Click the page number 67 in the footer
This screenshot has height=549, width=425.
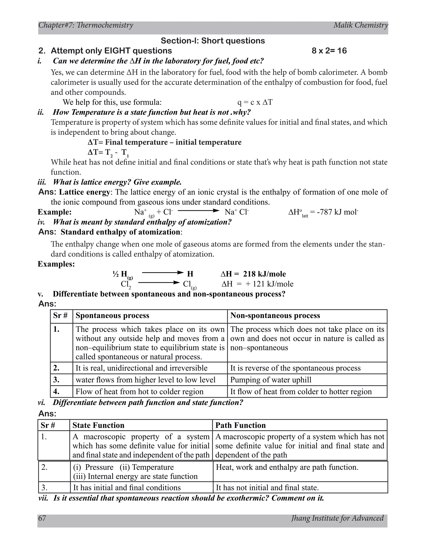(x=42, y=518)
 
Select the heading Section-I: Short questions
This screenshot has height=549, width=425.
(x=213, y=41)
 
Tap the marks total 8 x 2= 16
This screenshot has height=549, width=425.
(x=329, y=51)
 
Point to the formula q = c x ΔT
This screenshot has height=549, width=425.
(x=255, y=102)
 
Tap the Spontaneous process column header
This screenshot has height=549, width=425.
(x=112, y=316)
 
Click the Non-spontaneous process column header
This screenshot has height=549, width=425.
(x=275, y=316)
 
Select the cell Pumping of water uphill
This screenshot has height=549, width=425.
(x=271, y=380)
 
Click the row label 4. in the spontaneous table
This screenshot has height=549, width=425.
(x=56, y=392)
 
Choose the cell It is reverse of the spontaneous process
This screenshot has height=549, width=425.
(x=295, y=368)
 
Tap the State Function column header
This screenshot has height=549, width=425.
(x=98, y=425)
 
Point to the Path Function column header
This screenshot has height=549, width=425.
(x=241, y=425)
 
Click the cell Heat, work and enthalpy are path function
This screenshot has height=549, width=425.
(x=287, y=467)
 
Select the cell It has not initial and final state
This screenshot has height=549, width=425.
(x=267, y=488)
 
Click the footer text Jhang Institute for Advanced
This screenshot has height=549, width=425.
(x=337, y=518)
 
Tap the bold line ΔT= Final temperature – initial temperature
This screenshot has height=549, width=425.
(x=164, y=142)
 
